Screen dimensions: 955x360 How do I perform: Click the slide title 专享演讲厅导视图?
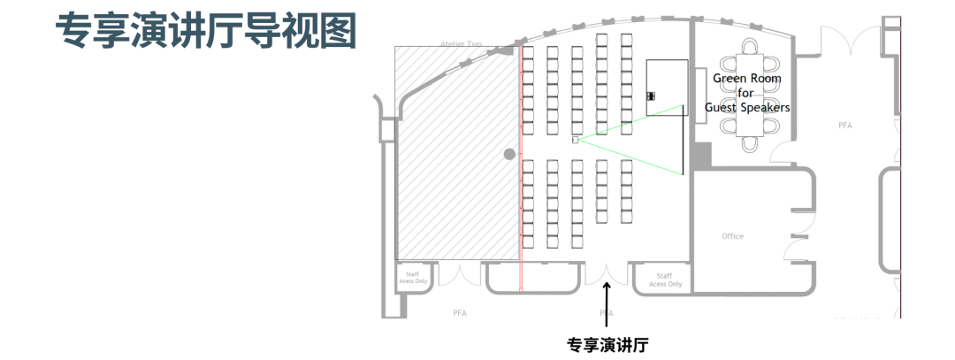click(x=205, y=32)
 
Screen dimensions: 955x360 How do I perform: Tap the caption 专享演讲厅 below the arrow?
click(x=607, y=344)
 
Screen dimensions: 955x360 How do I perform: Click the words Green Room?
click(x=747, y=79)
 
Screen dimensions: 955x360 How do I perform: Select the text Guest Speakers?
click(x=747, y=107)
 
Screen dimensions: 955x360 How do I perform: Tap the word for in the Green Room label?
click(x=746, y=93)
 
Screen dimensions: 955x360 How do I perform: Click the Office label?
click(x=732, y=236)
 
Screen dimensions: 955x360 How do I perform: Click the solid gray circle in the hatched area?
click(x=509, y=155)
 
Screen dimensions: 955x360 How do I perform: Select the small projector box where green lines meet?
click(x=575, y=140)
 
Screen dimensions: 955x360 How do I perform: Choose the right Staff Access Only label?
click(x=665, y=280)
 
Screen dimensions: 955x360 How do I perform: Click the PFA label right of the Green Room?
click(x=844, y=126)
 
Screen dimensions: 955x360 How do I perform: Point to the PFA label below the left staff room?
click(x=460, y=313)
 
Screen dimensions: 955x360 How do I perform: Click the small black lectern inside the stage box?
click(x=651, y=96)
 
